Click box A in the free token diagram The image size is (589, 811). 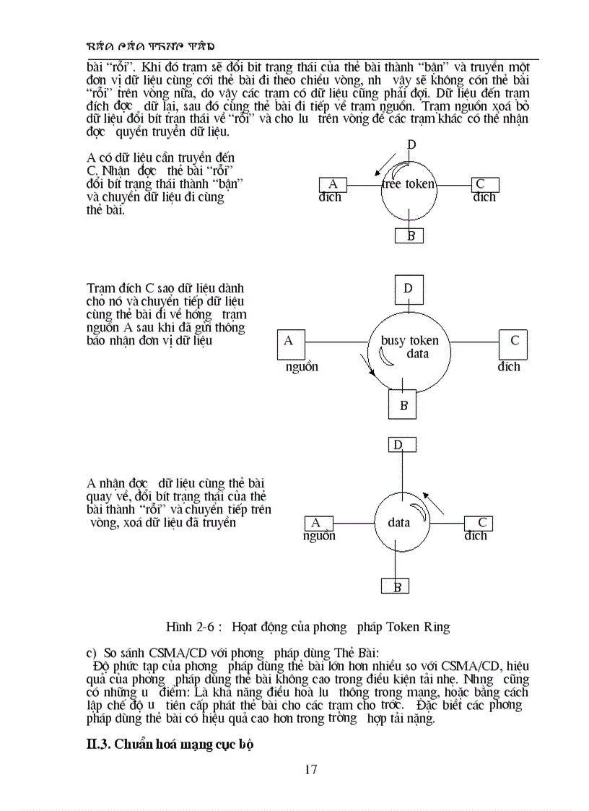click(x=333, y=184)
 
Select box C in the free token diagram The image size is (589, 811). click(x=485, y=184)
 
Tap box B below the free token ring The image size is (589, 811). click(x=410, y=235)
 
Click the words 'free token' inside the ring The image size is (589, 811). click(x=409, y=184)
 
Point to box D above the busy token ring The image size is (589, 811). click(x=409, y=289)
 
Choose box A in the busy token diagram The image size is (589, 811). click(x=290, y=344)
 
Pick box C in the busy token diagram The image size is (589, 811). click(x=513, y=344)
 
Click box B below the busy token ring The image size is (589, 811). click(x=403, y=405)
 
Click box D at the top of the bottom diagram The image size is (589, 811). click(x=402, y=445)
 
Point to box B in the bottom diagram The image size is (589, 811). click(x=396, y=586)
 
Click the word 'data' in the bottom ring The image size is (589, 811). click(x=398, y=523)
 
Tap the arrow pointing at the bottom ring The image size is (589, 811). click(x=433, y=503)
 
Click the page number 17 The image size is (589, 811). click(x=310, y=769)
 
